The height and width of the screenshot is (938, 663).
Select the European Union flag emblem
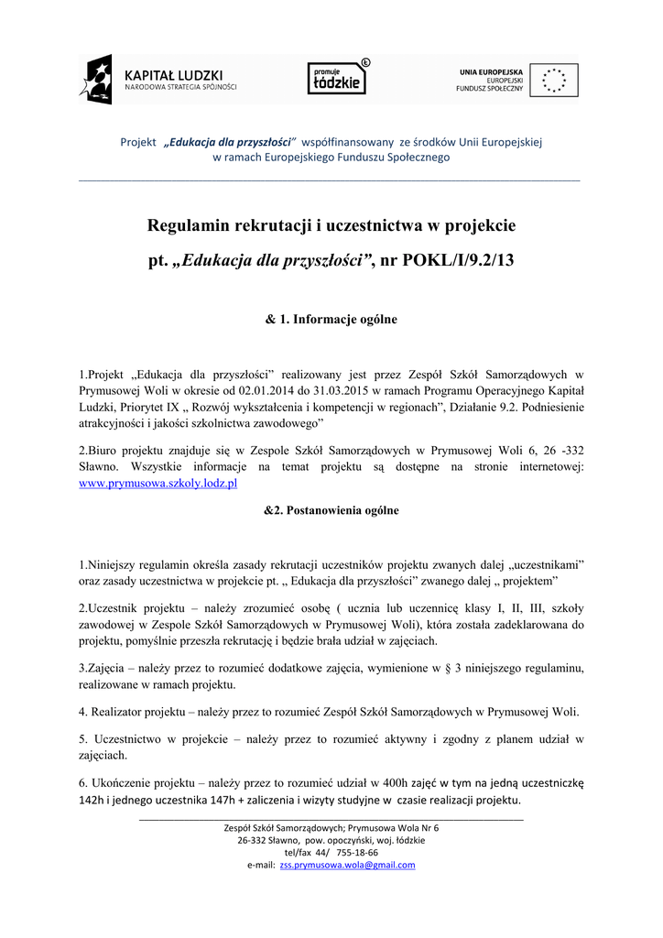tap(554, 80)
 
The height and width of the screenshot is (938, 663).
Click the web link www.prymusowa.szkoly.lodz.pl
tap(158, 482)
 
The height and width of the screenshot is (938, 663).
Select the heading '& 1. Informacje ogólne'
tap(331, 320)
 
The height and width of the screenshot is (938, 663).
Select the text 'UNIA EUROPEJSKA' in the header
tap(491, 71)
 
